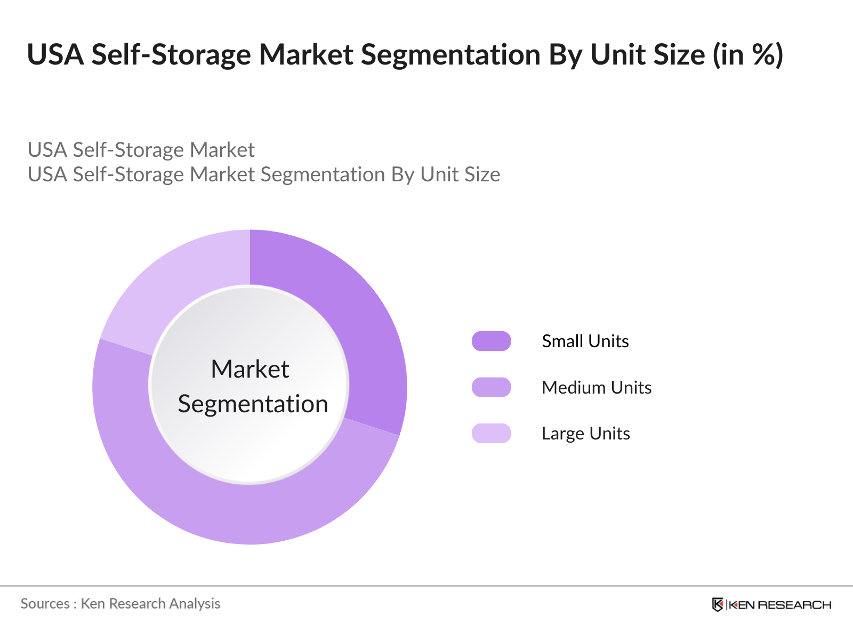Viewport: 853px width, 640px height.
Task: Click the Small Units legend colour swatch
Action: pos(491,341)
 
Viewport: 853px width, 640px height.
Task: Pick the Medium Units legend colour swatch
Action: pos(491,387)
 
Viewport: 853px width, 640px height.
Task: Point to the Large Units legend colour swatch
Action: pos(491,433)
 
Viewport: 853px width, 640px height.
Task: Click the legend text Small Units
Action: pos(585,341)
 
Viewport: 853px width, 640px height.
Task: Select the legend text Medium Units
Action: pos(597,387)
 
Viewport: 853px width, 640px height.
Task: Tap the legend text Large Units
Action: pos(586,433)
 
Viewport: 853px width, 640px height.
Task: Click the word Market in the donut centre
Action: pos(250,369)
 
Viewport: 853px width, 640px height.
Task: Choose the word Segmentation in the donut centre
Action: pos(253,404)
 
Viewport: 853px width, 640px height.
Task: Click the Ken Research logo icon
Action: pos(718,604)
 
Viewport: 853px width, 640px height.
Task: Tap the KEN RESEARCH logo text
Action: pos(779,605)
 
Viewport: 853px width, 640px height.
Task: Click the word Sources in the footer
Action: pos(45,604)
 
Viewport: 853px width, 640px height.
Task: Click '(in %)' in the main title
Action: pos(749,54)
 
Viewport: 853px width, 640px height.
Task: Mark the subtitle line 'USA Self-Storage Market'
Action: pos(141,150)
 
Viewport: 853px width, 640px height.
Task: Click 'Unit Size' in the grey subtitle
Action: pos(460,174)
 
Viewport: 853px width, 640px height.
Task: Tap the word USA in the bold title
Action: pos(55,54)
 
